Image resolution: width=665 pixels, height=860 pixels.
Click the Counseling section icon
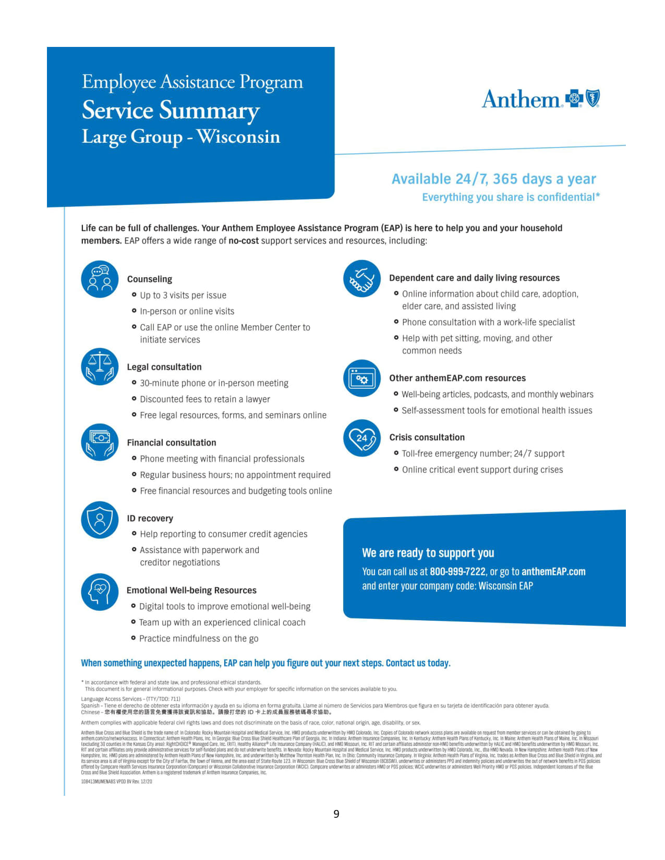pyautogui.click(x=100, y=279)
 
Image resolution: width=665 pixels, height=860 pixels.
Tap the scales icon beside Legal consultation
pyautogui.click(x=100, y=366)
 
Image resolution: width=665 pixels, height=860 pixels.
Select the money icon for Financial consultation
pyautogui.click(x=100, y=443)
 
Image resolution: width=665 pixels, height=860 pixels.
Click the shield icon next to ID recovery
pyautogui.click(x=100, y=520)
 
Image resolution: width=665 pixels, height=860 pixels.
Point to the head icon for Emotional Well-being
pyautogui.click(x=100, y=592)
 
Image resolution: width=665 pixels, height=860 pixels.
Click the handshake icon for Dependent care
pyautogui.click(x=362, y=278)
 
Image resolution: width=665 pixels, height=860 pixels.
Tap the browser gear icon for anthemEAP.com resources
pyautogui.click(x=362, y=378)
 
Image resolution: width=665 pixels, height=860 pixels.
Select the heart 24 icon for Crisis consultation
pyautogui.click(x=362, y=438)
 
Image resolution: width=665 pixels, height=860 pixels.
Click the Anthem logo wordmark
pyautogui.click(x=521, y=99)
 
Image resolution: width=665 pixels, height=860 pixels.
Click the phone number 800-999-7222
pyautogui.click(x=457, y=572)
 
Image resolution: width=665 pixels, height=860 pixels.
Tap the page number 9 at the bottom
pyautogui.click(x=336, y=814)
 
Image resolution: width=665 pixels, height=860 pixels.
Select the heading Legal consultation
pyautogui.click(x=164, y=367)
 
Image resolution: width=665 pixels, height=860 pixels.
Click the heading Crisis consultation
pyautogui.click(x=427, y=437)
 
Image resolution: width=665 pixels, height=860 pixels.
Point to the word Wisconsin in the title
pyautogui.click(x=238, y=137)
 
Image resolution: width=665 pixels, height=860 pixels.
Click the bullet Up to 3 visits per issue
pyautogui.click(x=183, y=296)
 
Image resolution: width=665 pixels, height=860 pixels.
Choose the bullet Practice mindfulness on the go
pyautogui.click(x=199, y=638)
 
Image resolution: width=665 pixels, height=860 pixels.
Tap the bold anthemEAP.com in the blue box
pyautogui.click(x=553, y=572)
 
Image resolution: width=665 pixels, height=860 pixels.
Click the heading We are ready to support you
pyautogui.click(x=428, y=553)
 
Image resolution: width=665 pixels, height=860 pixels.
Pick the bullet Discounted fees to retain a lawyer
pyautogui.click(x=205, y=399)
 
